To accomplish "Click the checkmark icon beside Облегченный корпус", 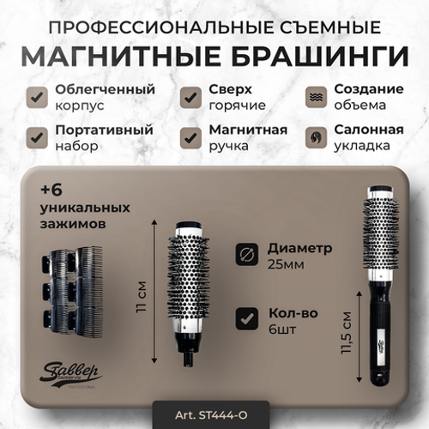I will (36, 97).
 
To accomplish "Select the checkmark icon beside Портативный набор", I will (36, 137).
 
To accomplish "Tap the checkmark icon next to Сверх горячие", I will (190, 97).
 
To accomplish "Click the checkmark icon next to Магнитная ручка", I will (190, 137).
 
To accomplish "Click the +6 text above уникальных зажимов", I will (53, 190).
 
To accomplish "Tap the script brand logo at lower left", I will (71, 374).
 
